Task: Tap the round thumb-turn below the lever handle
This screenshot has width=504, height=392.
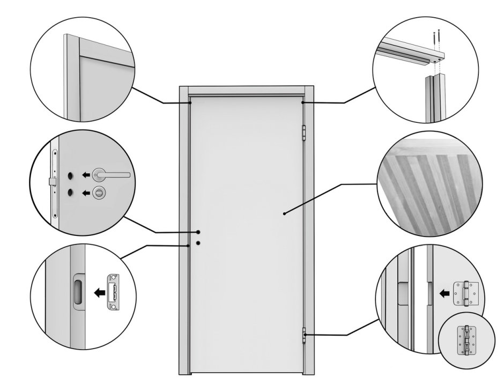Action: (99, 193)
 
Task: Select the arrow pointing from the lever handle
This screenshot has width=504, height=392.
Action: (85, 174)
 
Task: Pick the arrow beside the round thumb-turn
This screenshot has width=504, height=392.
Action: (85, 193)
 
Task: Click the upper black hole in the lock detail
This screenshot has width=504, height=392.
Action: (70, 175)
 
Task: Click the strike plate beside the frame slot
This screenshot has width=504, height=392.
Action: (114, 292)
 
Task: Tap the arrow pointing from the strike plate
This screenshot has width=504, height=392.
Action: (98, 293)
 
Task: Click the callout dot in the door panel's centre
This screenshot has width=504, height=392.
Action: (284, 214)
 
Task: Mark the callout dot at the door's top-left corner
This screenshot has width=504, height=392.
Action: (190, 102)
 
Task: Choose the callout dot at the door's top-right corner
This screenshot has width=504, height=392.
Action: (303, 102)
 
